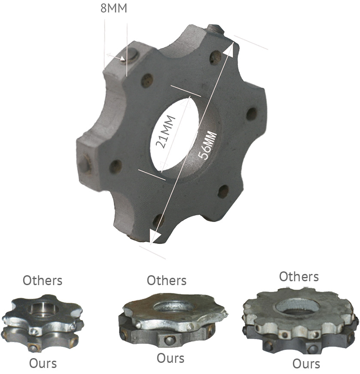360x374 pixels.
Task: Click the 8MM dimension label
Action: click(113, 8)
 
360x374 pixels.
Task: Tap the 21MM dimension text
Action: click(165, 132)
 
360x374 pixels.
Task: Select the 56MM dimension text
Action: click(208, 145)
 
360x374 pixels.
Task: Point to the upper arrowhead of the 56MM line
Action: click(229, 49)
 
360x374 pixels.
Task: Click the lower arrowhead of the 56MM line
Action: click(155, 237)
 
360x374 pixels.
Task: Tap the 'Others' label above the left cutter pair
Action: click(43, 280)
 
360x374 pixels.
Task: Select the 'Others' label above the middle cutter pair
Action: click(167, 280)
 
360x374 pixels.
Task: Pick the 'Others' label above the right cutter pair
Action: click(299, 277)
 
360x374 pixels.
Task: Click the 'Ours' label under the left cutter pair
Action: click(43, 364)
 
